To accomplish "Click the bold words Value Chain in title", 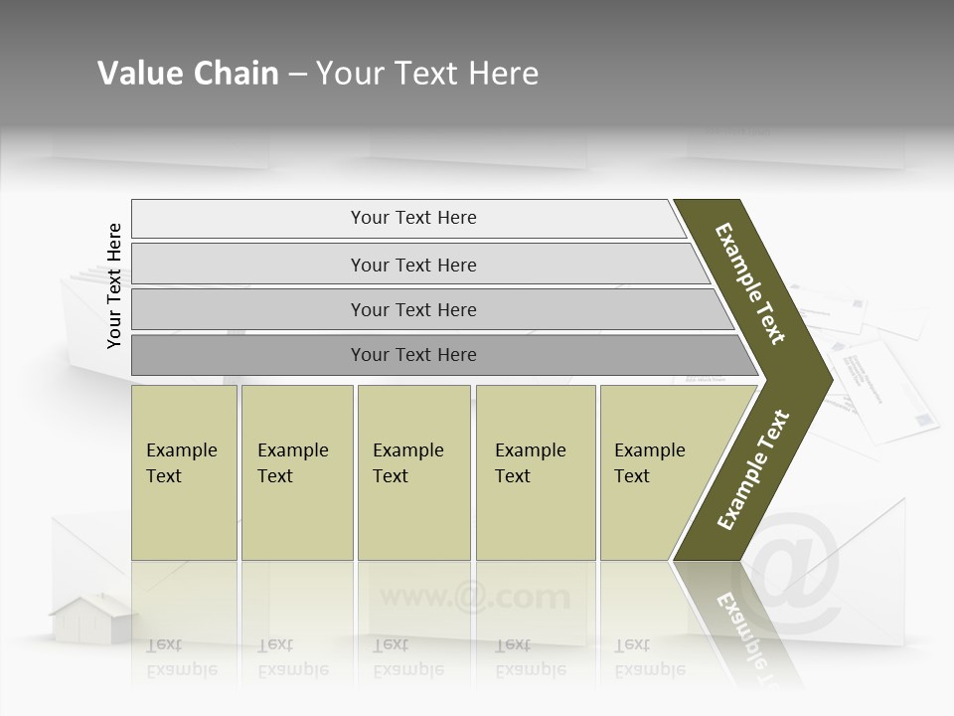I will [x=188, y=74].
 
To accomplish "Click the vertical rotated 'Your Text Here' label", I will [x=114, y=285].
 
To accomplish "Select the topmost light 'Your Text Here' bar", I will [x=412, y=218].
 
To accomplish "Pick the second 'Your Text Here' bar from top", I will [x=412, y=265].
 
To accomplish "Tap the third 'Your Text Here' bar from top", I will [x=412, y=309].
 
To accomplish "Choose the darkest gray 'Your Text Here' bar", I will [x=412, y=355].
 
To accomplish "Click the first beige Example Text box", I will [x=184, y=472].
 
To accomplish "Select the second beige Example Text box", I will [x=297, y=472].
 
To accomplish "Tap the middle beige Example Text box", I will [x=413, y=472].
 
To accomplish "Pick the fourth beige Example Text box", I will [x=536, y=472].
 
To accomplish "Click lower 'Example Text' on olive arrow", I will [x=753, y=470].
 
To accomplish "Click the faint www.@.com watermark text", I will [x=475, y=598].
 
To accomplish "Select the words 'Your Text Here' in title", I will [x=426, y=74].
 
